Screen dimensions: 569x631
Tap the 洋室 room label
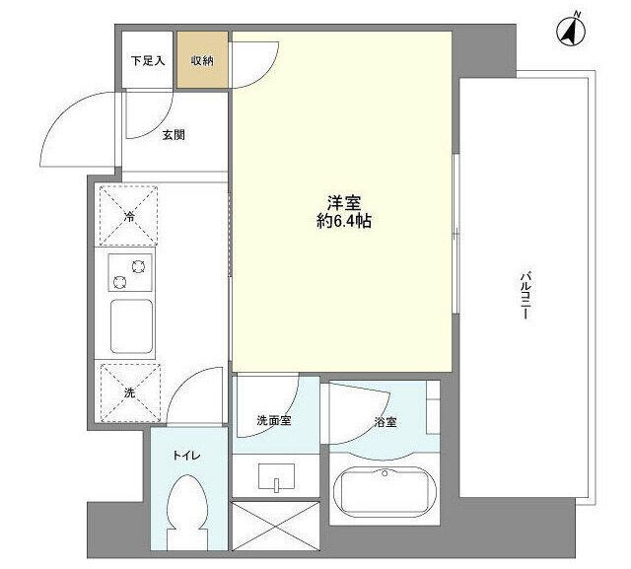343,203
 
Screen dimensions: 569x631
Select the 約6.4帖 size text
343,222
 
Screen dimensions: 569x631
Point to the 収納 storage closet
202,60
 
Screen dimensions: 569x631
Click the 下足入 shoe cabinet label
148,61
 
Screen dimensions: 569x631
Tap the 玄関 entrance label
174,135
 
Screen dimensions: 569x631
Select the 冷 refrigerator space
128,215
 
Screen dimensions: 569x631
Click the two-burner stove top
128,271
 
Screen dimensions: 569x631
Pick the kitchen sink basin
129,327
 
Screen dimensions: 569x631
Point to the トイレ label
184,456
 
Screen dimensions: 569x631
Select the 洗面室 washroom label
273,421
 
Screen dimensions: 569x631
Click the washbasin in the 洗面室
276,478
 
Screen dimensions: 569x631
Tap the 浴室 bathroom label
385,423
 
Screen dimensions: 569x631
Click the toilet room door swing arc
192,390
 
